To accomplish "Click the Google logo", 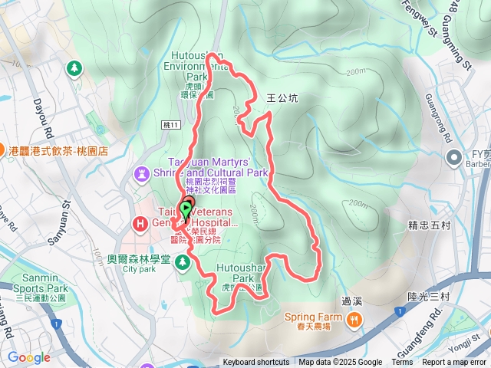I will (x=29, y=357).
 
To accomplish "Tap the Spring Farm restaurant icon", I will (x=354, y=319).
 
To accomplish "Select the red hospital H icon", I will (x=141, y=224).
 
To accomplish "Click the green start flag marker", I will (x=186, y=208).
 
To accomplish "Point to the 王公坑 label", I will (x=281, y=98).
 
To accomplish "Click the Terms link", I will (x=402, y=363).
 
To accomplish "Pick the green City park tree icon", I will (x=182, y=263).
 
